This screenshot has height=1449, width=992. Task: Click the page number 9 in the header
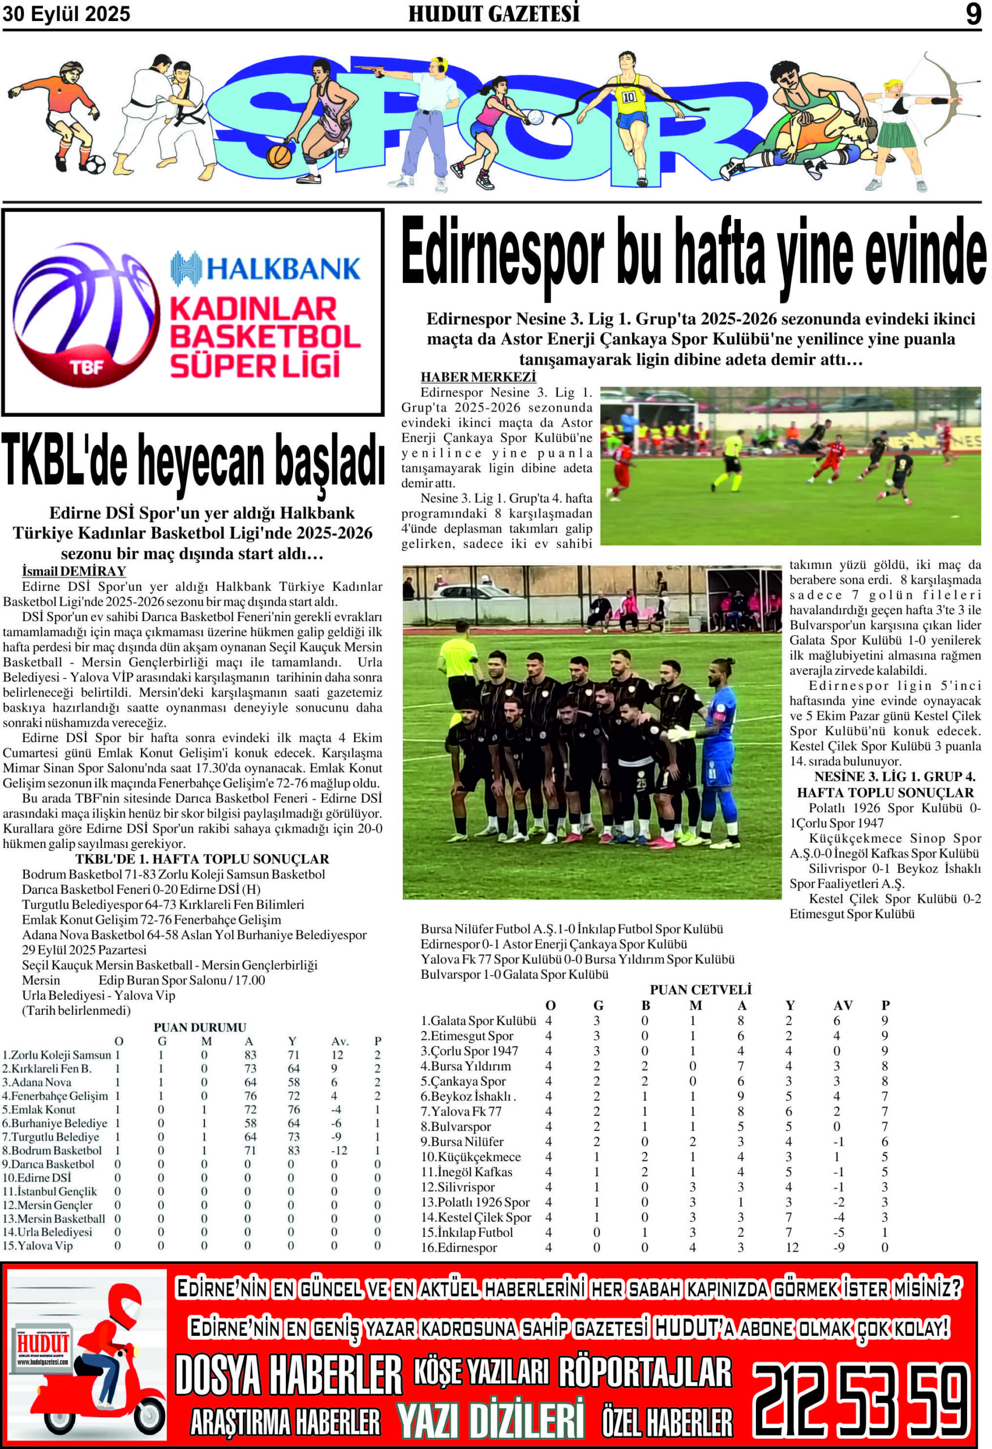pos(973,14)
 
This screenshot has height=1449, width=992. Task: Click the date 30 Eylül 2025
pos(67,14)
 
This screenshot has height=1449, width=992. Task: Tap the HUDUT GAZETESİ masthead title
pos(494,14)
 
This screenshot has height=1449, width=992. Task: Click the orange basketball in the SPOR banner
pos(279,156)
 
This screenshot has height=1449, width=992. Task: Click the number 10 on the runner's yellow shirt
pos(629,97)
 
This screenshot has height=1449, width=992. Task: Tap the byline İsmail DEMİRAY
pos(74,571)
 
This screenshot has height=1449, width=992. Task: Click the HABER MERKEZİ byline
pos(478,377)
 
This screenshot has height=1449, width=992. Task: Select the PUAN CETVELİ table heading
pos(700,990)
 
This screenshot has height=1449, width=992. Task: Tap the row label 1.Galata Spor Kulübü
pos(478,1021)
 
